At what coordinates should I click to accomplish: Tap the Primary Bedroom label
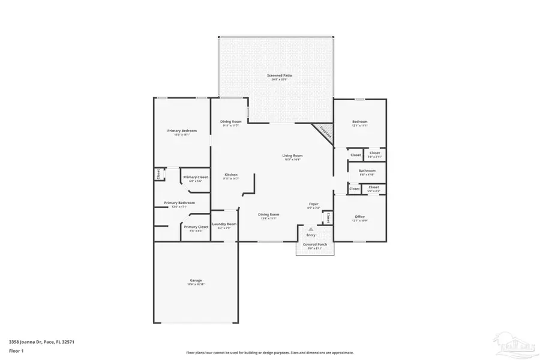(182, 130)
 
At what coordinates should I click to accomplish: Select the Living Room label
(292, 155)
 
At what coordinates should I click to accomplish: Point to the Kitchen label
(231, 175)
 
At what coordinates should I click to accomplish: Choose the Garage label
(196, 280)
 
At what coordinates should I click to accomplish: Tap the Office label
(359, 217)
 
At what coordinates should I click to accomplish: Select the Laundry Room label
(224, 224)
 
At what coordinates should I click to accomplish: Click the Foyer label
(313, 205)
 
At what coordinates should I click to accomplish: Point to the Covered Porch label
(315, 245)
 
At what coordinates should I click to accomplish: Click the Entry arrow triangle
(311, 229)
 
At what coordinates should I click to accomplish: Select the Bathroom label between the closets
(367, 170)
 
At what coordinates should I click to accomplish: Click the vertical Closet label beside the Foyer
(328, 217)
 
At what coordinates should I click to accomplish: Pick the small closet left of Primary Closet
(158, 174)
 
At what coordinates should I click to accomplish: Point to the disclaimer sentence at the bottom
(270, 353)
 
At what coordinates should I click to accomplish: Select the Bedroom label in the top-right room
(359, 122)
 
